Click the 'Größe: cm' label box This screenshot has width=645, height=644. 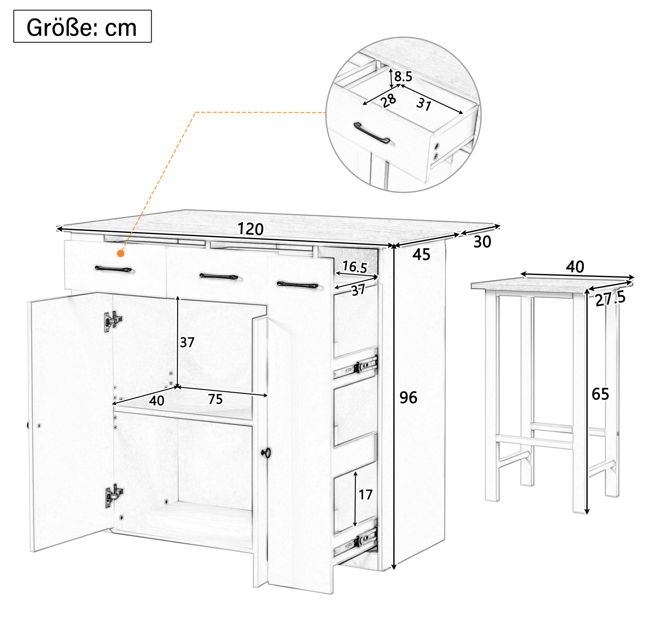point(82,26)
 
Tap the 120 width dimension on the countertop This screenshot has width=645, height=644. point(251,229)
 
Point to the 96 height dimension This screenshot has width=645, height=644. point(408,398)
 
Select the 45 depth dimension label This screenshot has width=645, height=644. point(421,255)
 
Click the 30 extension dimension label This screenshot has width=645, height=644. point(482,242)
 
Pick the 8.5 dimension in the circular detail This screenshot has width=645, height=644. point(403,77)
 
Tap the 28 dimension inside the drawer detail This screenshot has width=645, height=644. point(389,100)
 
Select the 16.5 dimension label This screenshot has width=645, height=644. point(354,267)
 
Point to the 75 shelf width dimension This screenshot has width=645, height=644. point(215,399)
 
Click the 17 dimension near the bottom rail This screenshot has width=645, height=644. point(365,494)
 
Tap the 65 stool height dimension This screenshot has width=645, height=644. point(600,394)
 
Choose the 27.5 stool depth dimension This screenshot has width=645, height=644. point(610,299)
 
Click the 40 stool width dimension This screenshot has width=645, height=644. point(575,267)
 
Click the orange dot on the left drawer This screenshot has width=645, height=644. point(121,254)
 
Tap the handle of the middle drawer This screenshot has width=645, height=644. point(219,277)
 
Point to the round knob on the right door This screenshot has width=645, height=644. point(266,453)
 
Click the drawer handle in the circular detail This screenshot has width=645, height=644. point(372,133)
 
